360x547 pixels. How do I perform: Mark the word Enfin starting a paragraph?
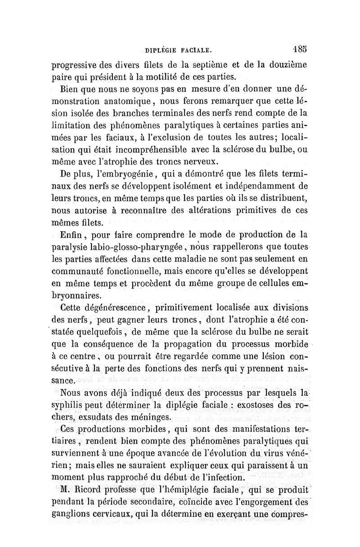(x=71, y=235)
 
